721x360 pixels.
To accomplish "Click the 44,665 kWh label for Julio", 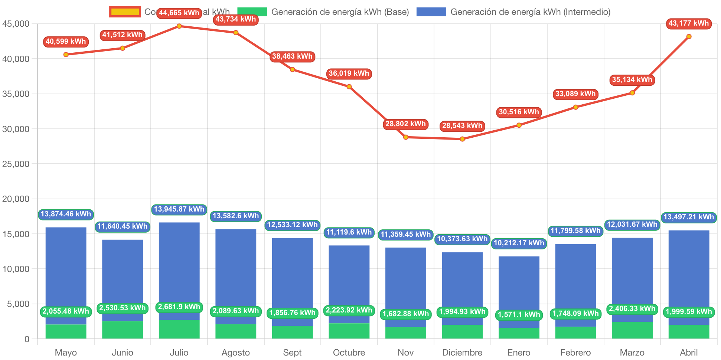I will [x=179, y=13].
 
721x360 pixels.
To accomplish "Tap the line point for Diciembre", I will [x=462, y=139].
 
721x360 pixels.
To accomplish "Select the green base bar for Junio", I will [x=123, y=330].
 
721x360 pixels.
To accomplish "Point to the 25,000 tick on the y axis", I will [x=16, y=164].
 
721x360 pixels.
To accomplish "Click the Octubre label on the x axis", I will [x=349, y=353].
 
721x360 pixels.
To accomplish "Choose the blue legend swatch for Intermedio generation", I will [x=431, y=12].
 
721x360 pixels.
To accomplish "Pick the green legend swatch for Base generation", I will [x=252, y=12].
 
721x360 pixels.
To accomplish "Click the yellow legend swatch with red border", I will [x=125, y=12].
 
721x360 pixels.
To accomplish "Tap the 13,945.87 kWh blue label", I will [x=179, y=209].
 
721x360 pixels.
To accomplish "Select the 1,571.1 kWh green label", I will [x=519, y=315].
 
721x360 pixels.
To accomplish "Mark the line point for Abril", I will [x=689, y=36].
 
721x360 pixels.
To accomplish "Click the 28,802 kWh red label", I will [x=405, y=124].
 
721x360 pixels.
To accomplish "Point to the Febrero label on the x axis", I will [x=575, y=353].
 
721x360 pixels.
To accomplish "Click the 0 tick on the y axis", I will [x=27, y=339].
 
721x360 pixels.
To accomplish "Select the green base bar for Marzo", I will [x=632, y=330].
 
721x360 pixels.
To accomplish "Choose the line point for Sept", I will [x=293, y=70].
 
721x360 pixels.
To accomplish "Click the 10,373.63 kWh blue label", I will [x=462, y=239].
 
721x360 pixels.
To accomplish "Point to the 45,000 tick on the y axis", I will [x=16, y=24].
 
